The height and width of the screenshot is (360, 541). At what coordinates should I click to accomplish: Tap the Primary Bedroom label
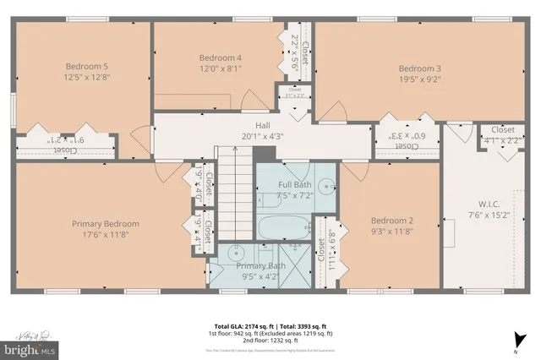point(106,224)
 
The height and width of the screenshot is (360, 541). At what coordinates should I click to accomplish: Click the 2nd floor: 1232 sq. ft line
point(270,341)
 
